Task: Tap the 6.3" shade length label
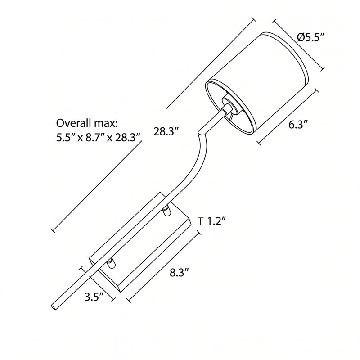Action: coord(298,125)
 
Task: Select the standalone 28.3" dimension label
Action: coord(166,131)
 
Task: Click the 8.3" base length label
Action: coord(179,273)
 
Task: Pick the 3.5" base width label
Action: coord(94,297)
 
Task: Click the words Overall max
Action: coord(87,123)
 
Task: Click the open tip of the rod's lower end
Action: coord(54,307)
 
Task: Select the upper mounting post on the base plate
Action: coord(166,211)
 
